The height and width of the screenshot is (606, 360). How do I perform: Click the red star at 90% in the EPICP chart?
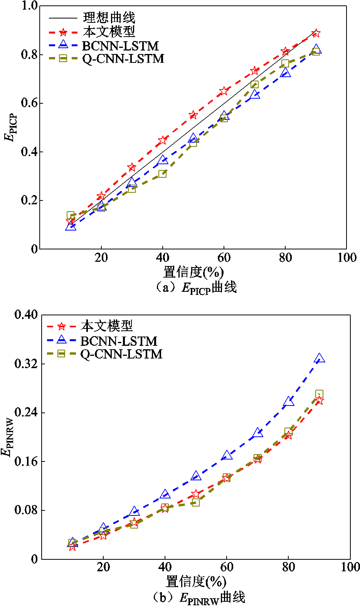[316, 33]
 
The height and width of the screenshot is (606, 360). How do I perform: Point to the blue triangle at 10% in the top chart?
[71, 226]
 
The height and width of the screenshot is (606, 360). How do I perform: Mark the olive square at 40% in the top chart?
[162, 174]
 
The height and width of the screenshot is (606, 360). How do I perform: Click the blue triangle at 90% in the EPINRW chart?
[319, 359]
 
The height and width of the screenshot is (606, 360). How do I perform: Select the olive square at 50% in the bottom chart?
[195, 502]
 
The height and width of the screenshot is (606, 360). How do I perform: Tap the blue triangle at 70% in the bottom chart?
[257, 433]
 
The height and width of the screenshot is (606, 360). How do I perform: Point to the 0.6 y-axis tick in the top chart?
[30, 103]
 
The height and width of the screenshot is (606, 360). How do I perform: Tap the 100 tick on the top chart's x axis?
[347, 258]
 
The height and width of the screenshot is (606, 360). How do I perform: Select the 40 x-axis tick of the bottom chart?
[165, 567]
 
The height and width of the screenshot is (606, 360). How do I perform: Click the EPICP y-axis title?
[11, 127]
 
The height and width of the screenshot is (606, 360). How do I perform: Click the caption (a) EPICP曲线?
[196, 288]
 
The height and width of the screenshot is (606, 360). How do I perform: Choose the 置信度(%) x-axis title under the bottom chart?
[196, 582]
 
